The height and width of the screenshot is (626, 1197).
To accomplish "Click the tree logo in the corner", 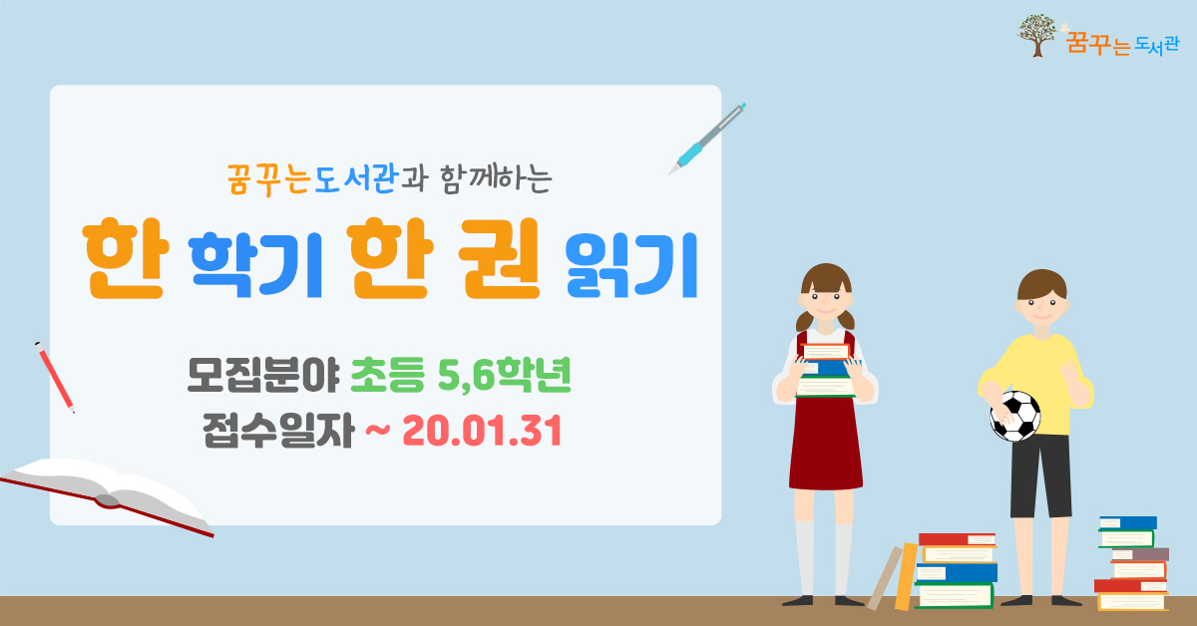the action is (1036, 35).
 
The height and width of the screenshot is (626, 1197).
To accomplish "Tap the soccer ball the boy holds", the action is (1015, 416).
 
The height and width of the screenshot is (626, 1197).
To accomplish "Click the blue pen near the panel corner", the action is (707, 139).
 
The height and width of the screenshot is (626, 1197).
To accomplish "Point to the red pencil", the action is (55, 377).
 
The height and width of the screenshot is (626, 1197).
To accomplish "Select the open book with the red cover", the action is (107, 495).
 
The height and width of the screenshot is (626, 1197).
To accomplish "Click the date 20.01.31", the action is (482, 431).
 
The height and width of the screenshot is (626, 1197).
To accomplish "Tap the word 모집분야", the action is (263, 375).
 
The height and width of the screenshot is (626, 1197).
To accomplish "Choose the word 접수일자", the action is (278, 431).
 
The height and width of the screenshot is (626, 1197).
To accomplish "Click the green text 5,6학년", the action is (505, 375).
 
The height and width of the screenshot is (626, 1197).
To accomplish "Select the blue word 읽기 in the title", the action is (631, 265).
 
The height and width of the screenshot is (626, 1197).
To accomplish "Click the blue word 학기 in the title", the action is (256, 265).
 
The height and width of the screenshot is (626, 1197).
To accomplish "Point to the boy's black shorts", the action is (1041, 475).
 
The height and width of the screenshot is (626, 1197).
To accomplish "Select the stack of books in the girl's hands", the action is (826, 370).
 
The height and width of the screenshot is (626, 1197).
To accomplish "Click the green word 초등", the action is (387, 375).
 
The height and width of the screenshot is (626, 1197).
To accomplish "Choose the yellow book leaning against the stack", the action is (906, 577).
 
